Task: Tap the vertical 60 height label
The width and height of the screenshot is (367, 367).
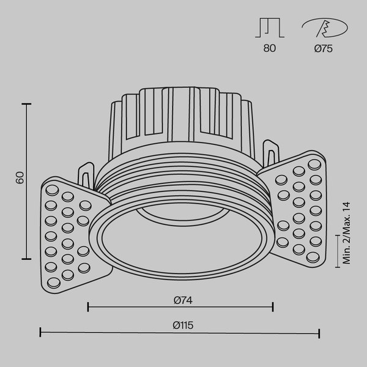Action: coord(20,178)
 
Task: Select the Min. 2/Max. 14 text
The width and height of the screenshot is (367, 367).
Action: coord(346,234)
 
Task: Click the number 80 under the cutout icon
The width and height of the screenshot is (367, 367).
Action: coord(270,49)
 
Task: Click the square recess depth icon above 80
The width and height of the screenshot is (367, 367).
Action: coord(270,28)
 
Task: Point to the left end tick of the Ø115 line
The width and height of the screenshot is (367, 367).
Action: coord(40,333)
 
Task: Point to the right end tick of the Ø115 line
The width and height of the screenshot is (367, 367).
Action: coord(319,333)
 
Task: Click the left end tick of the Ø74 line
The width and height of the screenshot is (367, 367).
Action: coord(88,306)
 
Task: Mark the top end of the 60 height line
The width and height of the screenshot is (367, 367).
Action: coord(26,105)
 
